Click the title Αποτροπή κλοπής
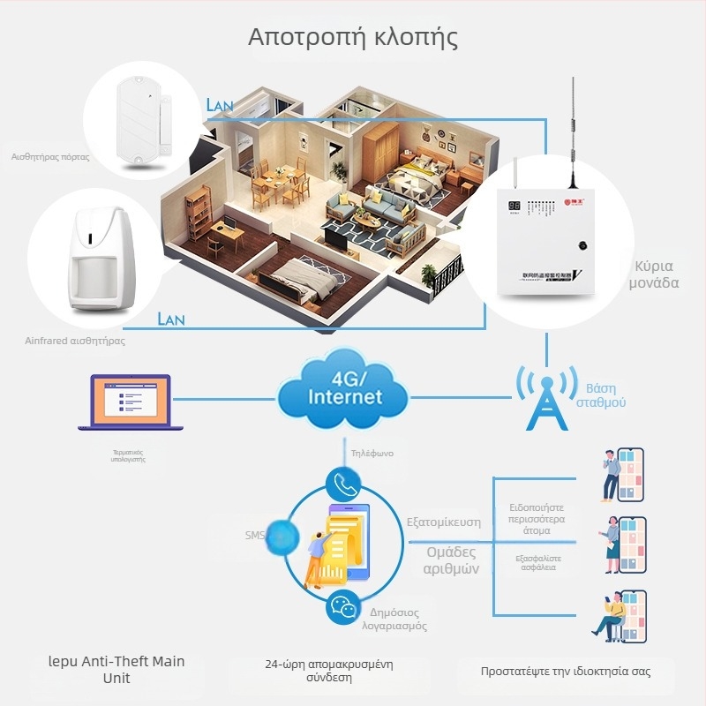(x=353, y=38)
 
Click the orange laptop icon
(x=130, y=404)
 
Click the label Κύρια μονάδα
(x=654, y=274)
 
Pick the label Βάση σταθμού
(x=606, y=394)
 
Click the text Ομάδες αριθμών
(x=451, y=560)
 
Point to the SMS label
(x=254, y=535)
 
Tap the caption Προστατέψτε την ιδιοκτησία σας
(x=566, y=672)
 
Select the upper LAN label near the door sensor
(x=220, y=105)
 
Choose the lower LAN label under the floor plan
(x=171, y=319)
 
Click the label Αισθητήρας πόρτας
(x=50, y=156)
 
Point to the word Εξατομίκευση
(x=443, y=522)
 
